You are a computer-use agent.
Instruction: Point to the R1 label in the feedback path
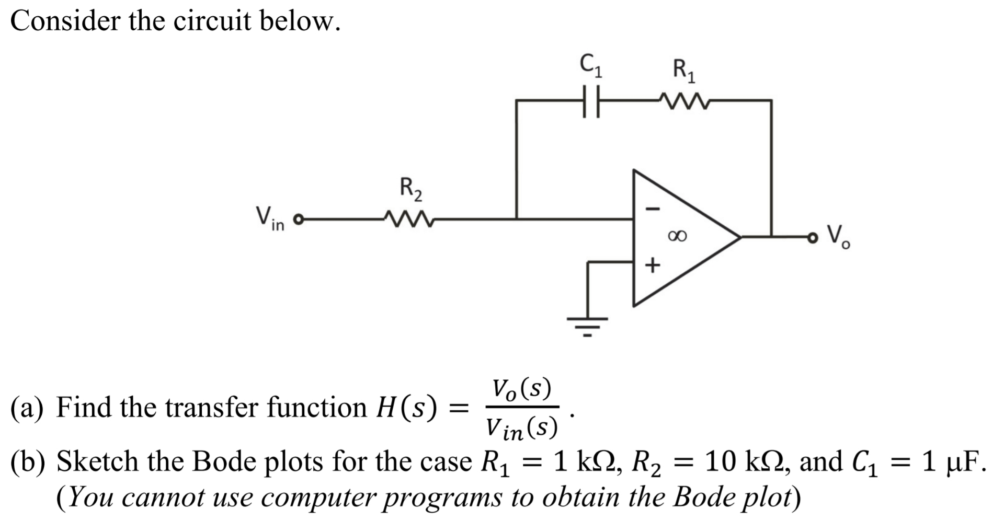click(x=684, y=71)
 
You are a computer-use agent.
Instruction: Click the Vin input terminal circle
click(x=299, y=219)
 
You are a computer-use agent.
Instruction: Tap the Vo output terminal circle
click(x=812, y=238)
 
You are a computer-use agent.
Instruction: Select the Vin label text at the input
click(x=270, y=218)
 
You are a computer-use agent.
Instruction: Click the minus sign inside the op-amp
click(x=653, y=209)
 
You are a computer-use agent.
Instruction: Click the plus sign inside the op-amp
click(x=652, y=265)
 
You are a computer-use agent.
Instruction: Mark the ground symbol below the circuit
click(x=588, y=325)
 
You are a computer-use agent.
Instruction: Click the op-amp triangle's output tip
click(x=739, y=237)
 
